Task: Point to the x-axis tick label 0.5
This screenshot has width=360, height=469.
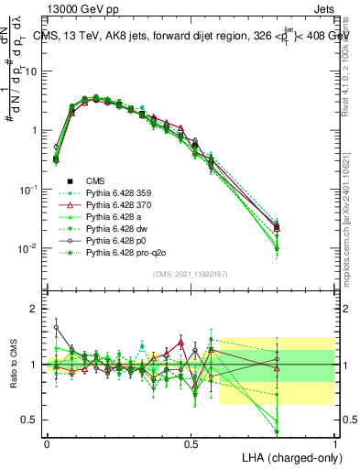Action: pos(191,442)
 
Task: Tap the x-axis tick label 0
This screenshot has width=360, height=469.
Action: pos(47,442)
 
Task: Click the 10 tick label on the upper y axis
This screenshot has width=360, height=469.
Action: pos(31,71)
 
